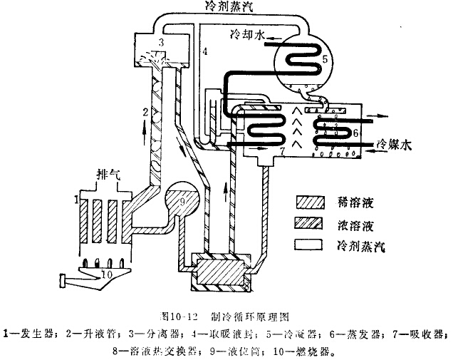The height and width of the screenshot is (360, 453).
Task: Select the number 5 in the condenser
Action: coord(325,59)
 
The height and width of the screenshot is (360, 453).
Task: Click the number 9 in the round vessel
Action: coord(183,202)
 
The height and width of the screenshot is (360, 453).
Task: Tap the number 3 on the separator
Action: coord(162,44)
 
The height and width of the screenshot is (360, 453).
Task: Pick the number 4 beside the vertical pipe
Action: coord(204,52)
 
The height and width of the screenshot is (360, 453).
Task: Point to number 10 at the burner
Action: coord(107,272)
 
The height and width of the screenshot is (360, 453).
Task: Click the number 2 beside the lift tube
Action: coord(144,112)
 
